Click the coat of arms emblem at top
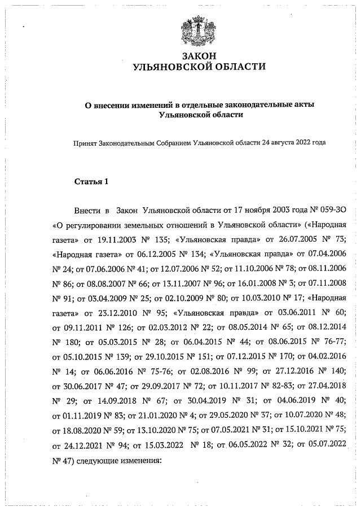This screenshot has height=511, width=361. tap(199, 32)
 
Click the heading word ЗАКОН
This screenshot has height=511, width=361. tap(199, 56)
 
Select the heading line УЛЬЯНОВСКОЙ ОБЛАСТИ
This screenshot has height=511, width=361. tap(199, 67)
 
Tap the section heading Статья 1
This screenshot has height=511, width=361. tap(91, 182)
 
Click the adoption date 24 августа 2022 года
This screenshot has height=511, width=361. tap(293, 143)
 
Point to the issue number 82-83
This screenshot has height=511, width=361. tap(280, 392)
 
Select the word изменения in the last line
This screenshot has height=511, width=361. tap(143, 460)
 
